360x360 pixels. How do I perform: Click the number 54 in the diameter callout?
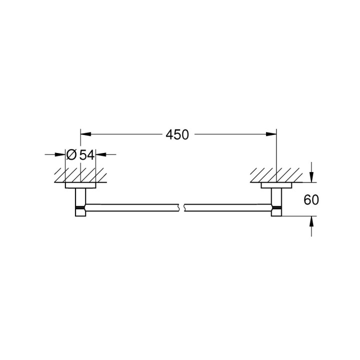[86, 154]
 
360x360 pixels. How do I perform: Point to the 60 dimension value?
[311, 200]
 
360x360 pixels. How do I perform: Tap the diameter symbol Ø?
[71, 154]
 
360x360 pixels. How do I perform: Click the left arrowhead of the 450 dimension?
[85, 134]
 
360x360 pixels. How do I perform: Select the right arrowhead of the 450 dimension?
[272, 134]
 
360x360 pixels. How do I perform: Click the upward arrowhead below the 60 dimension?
[311, 220]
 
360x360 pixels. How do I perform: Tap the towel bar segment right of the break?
[227, 205]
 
